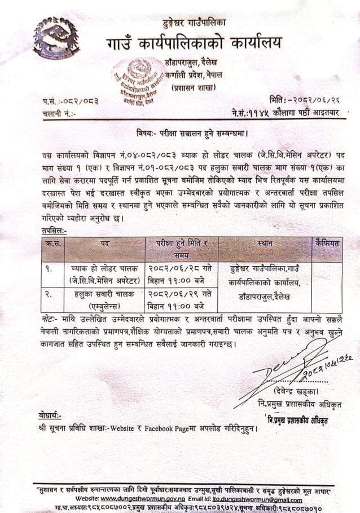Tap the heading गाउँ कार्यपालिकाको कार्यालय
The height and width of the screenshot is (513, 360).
[x=192, y=44]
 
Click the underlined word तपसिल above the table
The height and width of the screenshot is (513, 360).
[x=54, y=230]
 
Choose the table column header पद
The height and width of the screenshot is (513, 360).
[x=104, y=244]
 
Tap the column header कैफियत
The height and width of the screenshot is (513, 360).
[x=327, y=243]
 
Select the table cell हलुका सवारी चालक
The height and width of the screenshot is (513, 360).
[x=105, y=293]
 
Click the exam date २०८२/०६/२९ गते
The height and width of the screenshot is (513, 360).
[x=180, y=293]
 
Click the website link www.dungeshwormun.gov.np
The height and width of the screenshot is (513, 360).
[x=146, y=499]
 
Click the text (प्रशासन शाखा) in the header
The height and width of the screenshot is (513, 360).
[x=194, y=88]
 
